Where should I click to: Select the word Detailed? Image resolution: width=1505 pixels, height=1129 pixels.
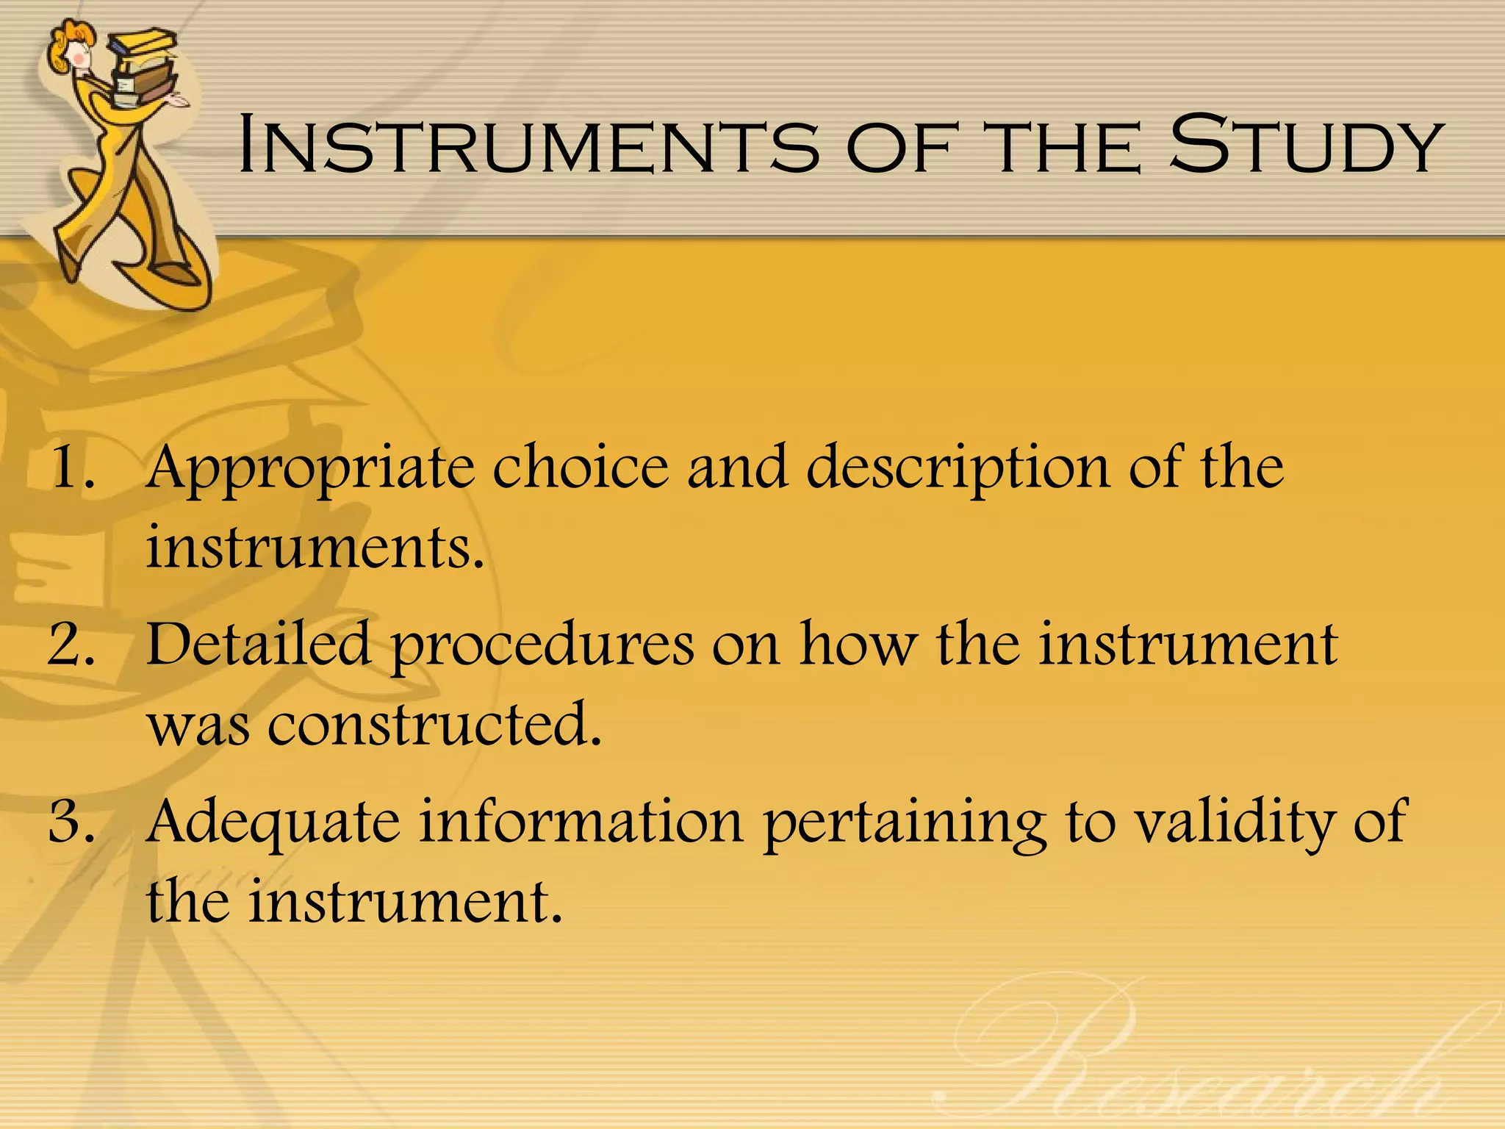click(x=258, y=644)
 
